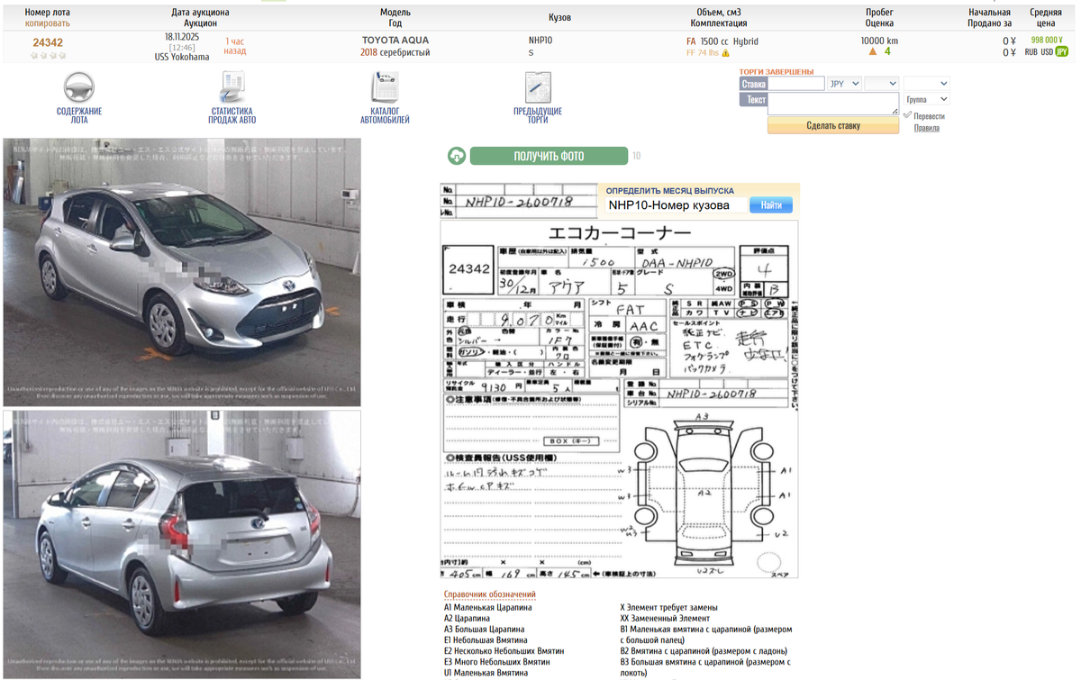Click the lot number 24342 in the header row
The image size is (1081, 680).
click(48, 42)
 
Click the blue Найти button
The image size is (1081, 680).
click(771, 205)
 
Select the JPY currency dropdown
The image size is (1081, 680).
click(844, 84)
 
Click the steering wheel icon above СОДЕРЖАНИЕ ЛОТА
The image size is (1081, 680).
click(79, 88)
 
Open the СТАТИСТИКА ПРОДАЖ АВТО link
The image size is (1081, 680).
click(232, 115)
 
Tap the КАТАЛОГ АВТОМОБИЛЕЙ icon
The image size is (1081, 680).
click(385, 88)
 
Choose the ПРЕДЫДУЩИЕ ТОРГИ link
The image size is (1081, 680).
click(538, 115)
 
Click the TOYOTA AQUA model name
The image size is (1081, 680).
click(395, 41)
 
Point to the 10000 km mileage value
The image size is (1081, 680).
click(879, 41)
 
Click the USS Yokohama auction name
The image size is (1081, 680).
click(182, 57)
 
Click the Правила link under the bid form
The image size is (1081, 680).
click(926, 128)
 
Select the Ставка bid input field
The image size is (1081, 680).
click(796, 84)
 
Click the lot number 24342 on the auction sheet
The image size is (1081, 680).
click(469, 269)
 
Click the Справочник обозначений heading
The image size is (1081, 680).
click(489, 594)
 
